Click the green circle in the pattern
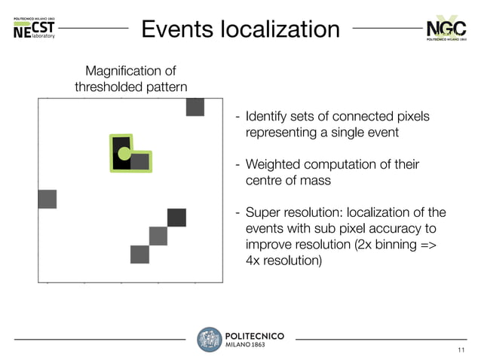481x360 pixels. [124, 154]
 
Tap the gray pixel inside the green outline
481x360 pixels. [139, 161]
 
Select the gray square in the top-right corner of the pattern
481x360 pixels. [195, 108]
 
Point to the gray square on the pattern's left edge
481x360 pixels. [47, 199]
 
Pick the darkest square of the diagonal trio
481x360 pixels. [176, 218]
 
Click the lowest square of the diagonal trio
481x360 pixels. [139, 255]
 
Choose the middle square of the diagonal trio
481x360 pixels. [158, 236]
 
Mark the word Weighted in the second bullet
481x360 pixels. [273, 165]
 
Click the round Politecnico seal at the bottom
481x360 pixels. [209, 340]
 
